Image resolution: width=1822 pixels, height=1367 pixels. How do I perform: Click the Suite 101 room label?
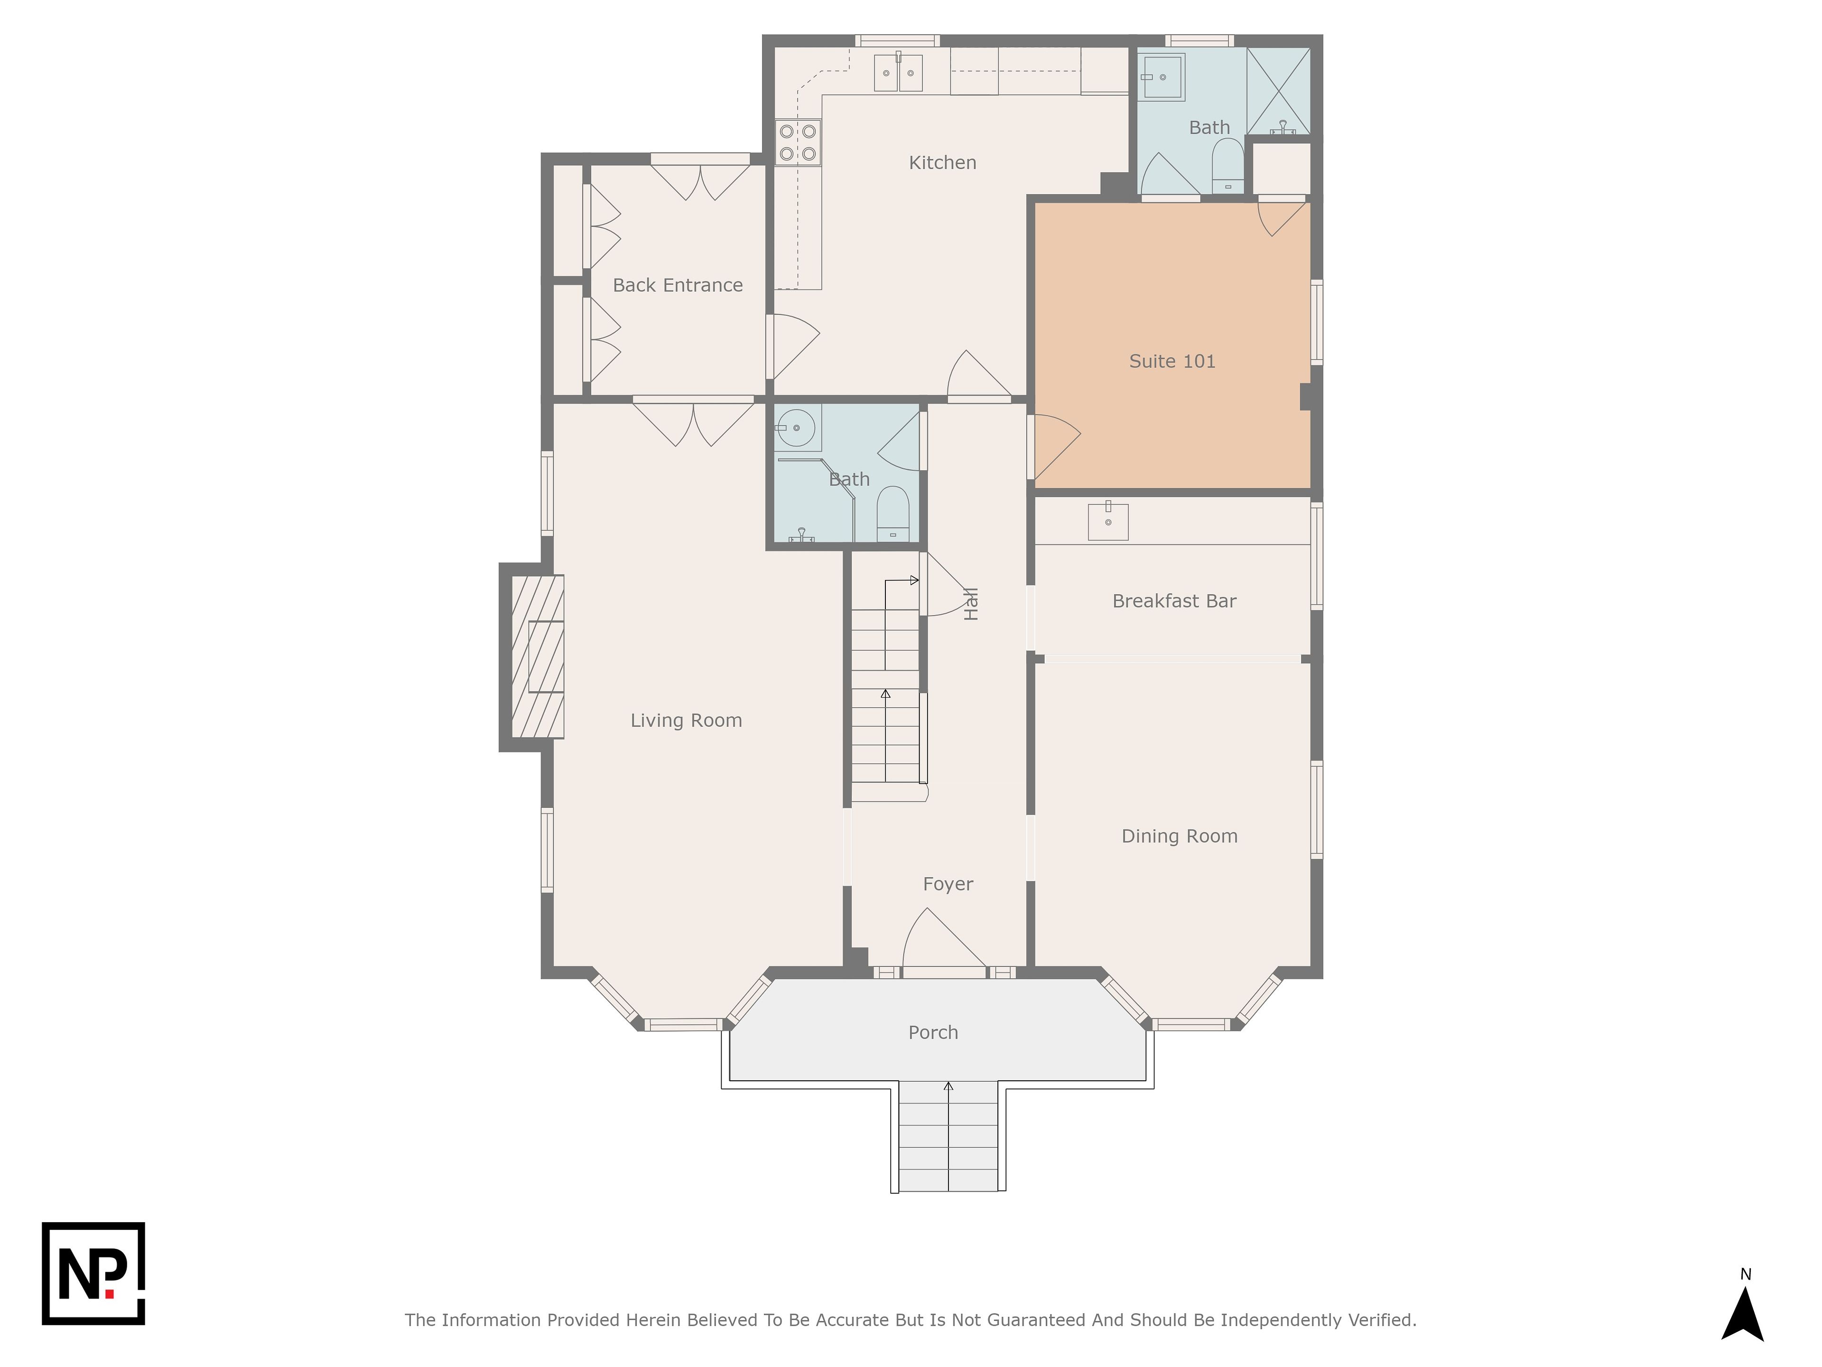1172,361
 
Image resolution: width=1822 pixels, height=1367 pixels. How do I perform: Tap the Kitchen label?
942,162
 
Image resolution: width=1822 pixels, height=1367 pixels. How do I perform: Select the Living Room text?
686,720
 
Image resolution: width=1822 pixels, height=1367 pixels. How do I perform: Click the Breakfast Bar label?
1175,601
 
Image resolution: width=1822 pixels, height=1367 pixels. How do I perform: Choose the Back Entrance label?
678,285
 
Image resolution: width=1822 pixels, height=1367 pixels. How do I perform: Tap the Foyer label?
948,884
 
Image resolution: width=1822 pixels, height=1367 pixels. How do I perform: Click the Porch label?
933,1032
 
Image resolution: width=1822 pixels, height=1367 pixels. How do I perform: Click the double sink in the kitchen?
898,73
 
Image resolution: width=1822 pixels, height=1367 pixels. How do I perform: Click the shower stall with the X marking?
1278,92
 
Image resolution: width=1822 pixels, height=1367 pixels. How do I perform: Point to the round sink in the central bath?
797,428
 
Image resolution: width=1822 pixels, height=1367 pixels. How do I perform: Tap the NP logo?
93,1273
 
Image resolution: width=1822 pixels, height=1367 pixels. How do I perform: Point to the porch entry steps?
948,1137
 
